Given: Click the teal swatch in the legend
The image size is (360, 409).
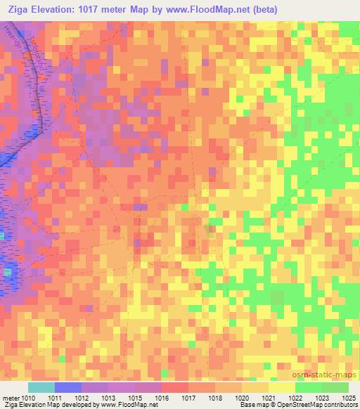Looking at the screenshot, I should click(41, 387).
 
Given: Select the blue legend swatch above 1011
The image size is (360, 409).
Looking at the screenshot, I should click(67, 387).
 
